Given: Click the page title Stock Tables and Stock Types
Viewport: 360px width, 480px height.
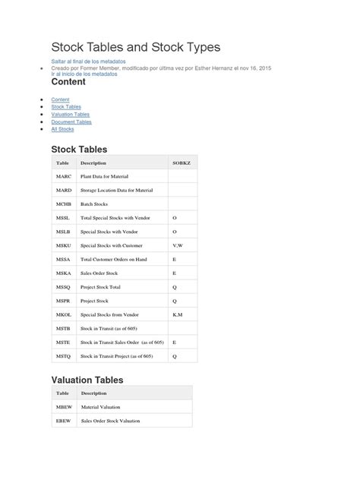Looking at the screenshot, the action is [x=135, y=47].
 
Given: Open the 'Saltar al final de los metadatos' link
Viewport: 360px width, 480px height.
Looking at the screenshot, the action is [x=88, y=61].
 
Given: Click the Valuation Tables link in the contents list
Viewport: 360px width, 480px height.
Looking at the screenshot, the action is [x=71, y=115].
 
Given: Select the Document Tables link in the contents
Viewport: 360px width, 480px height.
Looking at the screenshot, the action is [x=71, y=122].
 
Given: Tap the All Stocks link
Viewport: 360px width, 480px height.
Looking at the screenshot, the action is [x=62, y=129].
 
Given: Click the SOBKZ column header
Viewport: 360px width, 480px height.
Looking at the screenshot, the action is [x=182, y=163].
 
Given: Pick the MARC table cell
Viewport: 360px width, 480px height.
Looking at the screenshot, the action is [x=64, y=176].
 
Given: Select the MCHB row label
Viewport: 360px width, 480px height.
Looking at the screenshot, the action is [x=64, y=204].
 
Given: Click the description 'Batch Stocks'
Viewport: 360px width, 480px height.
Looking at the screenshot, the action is [x=95, y=204].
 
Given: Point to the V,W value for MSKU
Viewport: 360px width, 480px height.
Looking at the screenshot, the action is [x=178, y=246].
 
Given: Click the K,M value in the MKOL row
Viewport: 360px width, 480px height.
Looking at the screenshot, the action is [x=178, y=314].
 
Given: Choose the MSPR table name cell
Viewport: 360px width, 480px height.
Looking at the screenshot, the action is [x=64, y=301].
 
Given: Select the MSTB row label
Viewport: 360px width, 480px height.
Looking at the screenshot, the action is [x=64, y=328].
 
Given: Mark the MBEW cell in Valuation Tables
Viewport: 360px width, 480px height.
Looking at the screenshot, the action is [x=64, y=407].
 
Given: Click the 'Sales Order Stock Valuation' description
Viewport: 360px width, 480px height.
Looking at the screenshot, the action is [x=110, y=421].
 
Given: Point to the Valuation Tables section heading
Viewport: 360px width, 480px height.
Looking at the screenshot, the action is [x=87, y=379].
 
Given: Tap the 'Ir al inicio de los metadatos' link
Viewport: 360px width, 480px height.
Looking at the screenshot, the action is [x=84, y=74].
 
